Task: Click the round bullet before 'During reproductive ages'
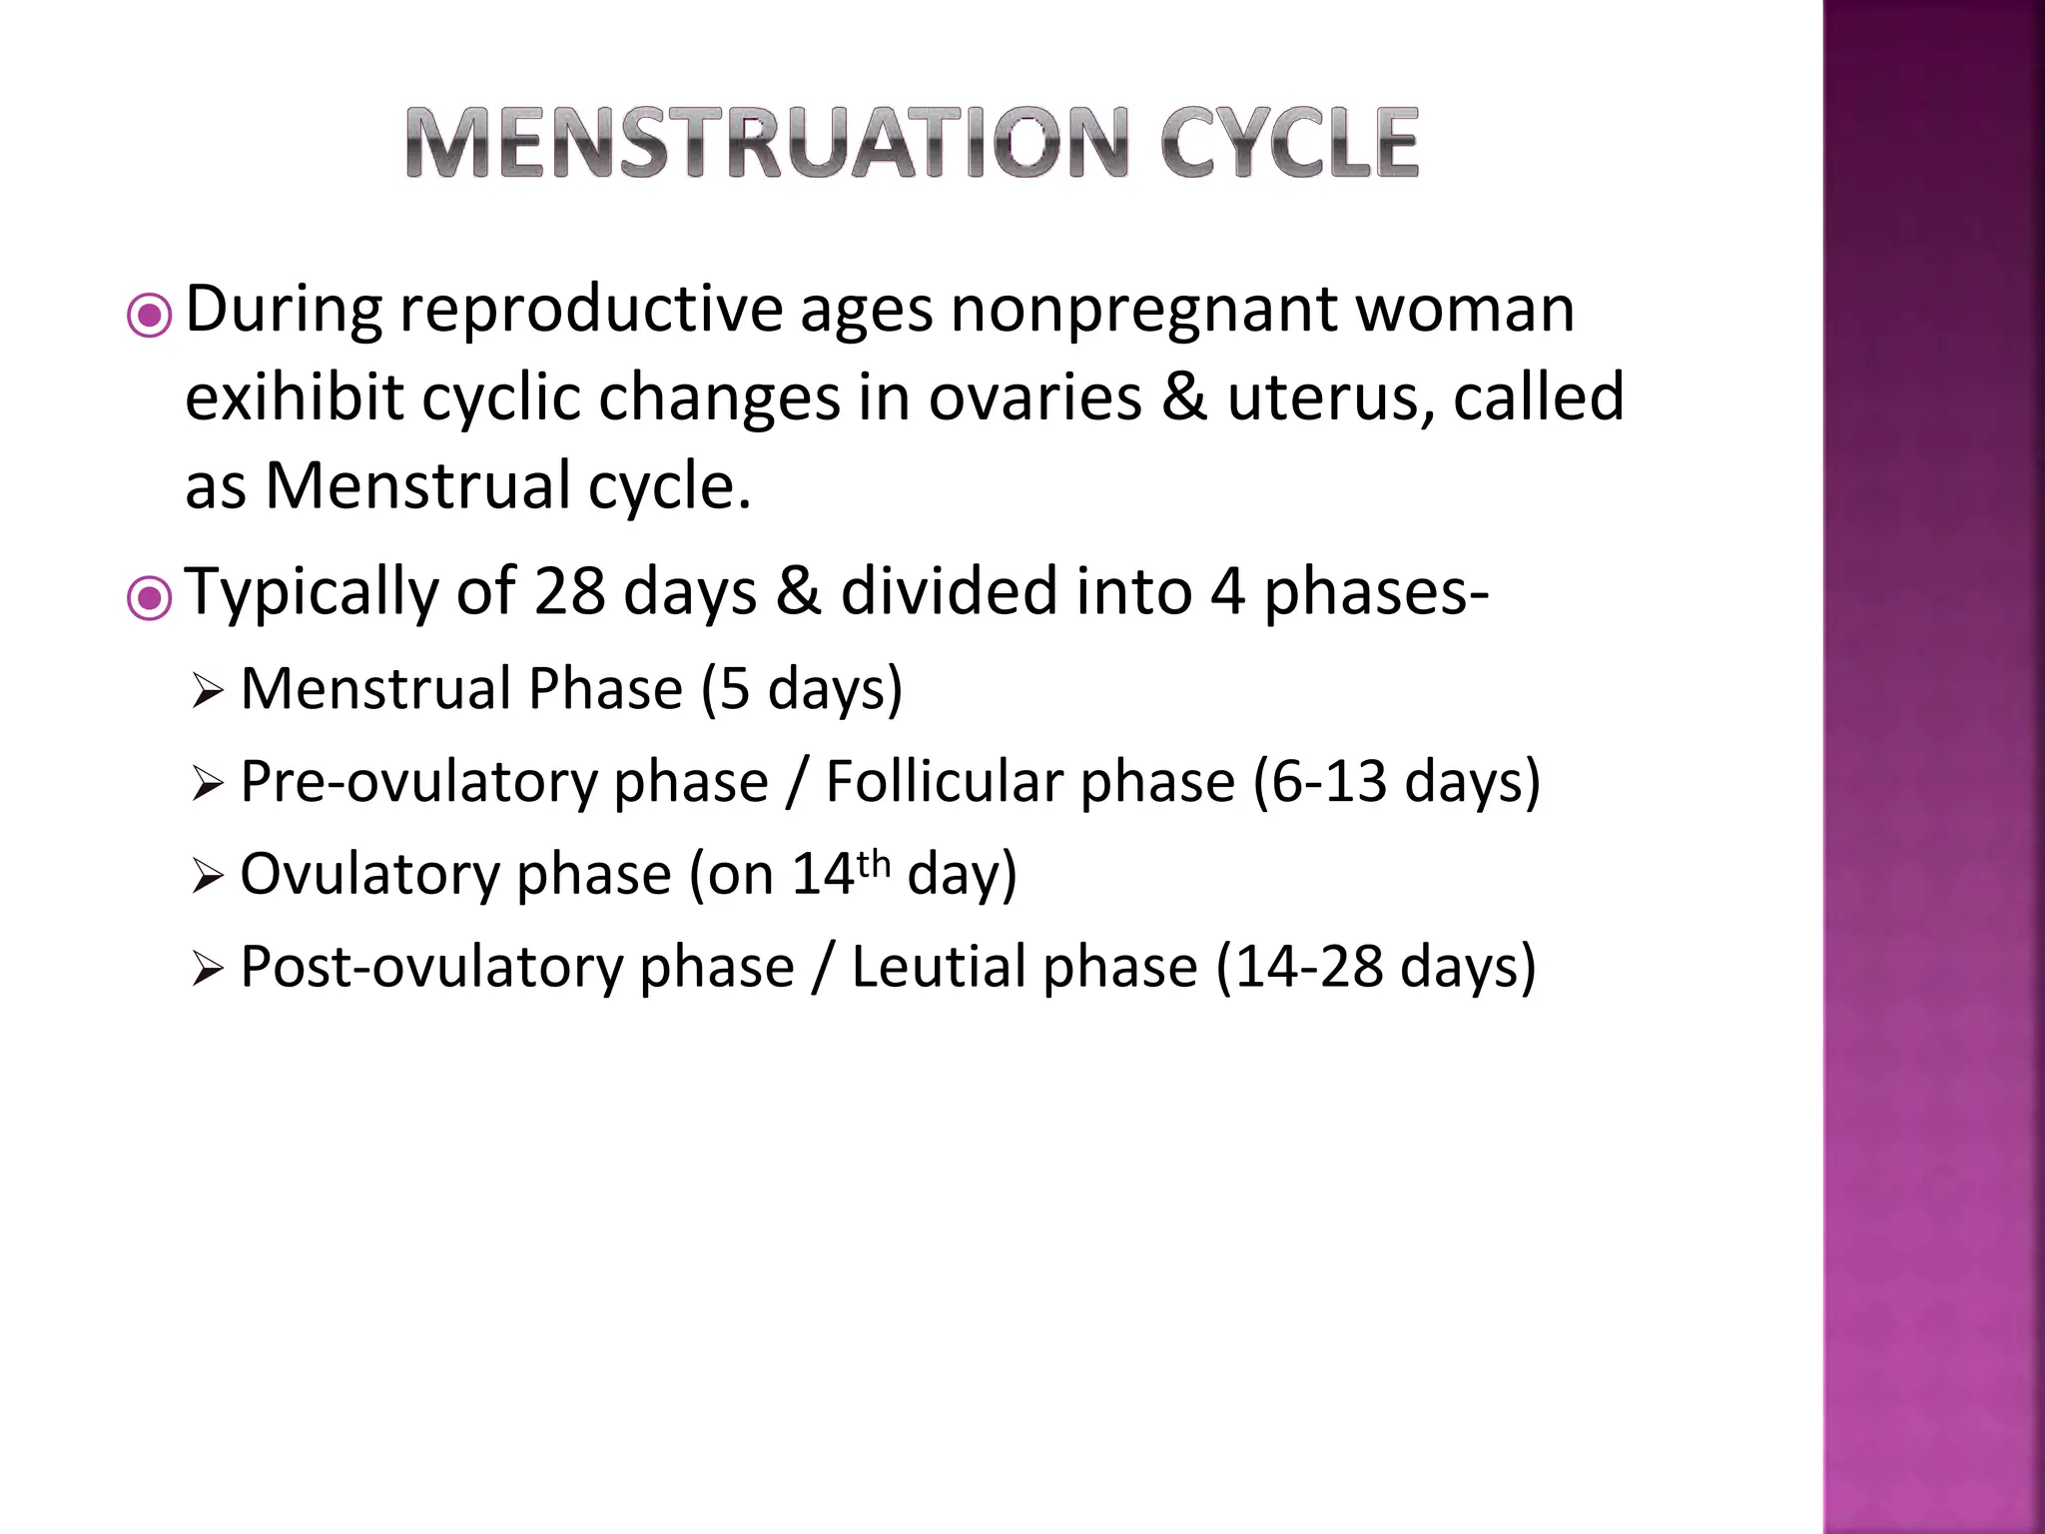[x=150, y=317]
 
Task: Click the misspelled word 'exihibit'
[x=295, y=398]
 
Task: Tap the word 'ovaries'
[x=1034, y=398]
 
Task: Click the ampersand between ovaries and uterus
[x=1184, y=398]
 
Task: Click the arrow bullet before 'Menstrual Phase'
[x=207, y=691]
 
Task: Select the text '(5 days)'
[x=802, y=690]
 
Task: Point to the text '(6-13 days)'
[x=1397, y=782]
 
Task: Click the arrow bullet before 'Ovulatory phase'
[x=207, y=877]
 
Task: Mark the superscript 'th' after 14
[x=873, y=863]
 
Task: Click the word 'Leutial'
[x=1023, y=968]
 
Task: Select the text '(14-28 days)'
[x=1375, y=968]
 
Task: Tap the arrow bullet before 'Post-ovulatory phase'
[x=207, y=970]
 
